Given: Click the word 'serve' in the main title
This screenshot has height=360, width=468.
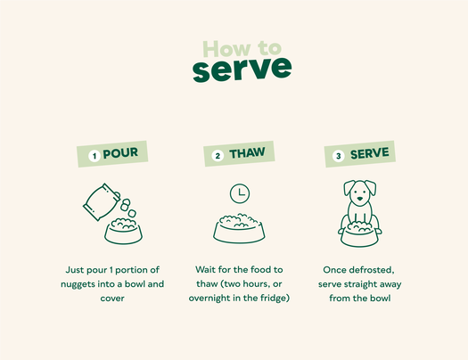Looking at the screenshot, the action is coord(242,70).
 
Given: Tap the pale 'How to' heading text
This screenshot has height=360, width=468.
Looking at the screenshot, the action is coord(242,48).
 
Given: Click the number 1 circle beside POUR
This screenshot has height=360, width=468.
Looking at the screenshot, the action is coord(94,156).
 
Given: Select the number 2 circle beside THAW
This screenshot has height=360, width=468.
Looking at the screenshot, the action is coord(218,156).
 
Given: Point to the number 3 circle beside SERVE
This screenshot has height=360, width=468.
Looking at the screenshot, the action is coord(339,156).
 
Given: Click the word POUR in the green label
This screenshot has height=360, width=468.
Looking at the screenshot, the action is coord(120,153).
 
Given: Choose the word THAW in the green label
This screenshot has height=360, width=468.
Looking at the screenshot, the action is coord(247,153).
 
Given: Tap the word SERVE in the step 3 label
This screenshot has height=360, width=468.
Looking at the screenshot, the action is coord(370,153).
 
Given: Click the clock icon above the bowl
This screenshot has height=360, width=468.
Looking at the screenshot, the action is coord(240,193).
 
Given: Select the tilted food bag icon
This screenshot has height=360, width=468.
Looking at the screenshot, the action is coord(101,202).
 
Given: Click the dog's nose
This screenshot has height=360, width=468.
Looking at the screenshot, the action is coord(360,199).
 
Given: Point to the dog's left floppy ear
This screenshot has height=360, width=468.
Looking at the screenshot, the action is coord(349,188).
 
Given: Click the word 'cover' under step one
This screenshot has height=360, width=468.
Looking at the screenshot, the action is coord(112,299).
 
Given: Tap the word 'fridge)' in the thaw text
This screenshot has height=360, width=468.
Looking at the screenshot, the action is coord(275,298).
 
